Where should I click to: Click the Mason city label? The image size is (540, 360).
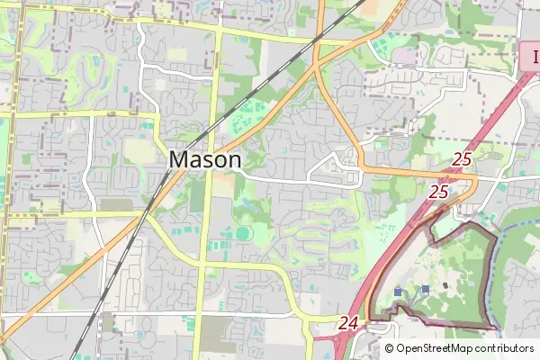(205, 159)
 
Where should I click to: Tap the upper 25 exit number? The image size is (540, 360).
(462, 159)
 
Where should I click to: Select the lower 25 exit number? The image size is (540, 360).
(439, 191)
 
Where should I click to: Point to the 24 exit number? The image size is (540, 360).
(349, 321)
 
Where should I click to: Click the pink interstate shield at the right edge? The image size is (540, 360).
(532, 58)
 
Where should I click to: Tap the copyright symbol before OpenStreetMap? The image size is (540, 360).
(390, 348)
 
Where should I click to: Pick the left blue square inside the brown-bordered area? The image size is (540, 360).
(398, 292)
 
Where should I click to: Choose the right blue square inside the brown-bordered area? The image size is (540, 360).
(425, 288)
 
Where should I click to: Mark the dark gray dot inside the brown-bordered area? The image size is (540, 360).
(445, 285)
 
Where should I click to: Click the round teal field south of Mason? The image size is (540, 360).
(243, 233)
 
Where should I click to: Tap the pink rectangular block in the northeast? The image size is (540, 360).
(405, 57)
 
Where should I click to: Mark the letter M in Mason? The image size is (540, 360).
(179, 159)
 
